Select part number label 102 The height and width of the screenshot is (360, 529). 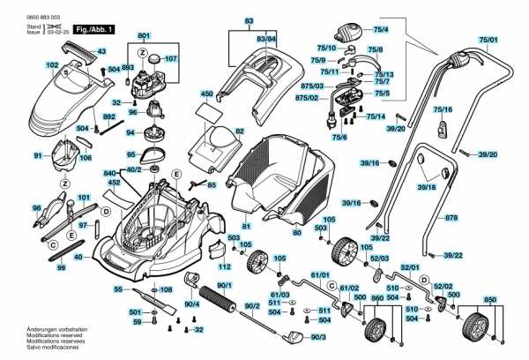52,65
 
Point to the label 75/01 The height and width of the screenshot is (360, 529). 488,40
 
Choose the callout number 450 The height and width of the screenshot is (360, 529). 207,93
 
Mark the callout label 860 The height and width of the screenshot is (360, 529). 377,298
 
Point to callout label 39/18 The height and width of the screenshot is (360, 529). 427,187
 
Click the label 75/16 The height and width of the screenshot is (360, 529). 442,109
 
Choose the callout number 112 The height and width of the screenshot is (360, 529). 224,267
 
